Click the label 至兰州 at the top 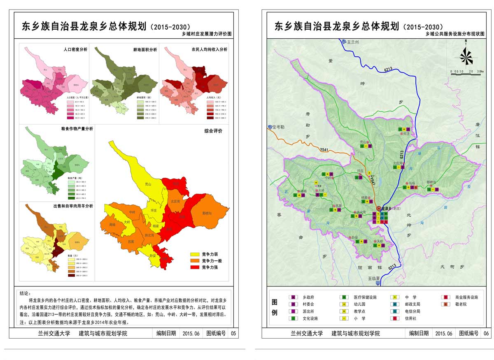coord(353,42)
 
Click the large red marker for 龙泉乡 coord(379,209)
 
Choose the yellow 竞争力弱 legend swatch coord(195,254)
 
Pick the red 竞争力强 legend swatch coord(195,267)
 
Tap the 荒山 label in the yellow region coord(148,184)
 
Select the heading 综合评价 coord(213,131)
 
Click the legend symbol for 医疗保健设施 coord(342,297)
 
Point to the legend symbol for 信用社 coord(395,318)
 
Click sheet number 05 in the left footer coord(233,333)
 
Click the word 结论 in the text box coord(25,293)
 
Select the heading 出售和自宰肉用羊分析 coord(73,206)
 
